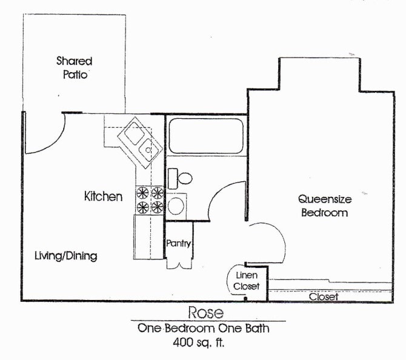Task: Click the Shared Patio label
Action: click(74, 68)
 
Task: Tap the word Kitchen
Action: click(103, 196)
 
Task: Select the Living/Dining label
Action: click(65, 256)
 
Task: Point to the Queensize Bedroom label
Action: click(324, 205)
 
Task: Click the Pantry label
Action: click(179, 244)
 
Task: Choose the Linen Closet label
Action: click(247, 281)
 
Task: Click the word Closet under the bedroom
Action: click(323, 297)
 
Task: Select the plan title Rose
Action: click(205, 313)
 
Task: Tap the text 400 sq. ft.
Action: click(203, 342)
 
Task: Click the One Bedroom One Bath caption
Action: click(203, 328)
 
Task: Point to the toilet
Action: click(181, 178)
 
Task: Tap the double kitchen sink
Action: click(140, 141)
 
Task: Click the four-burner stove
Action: click(150, 200)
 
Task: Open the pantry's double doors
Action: click(179, 264)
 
